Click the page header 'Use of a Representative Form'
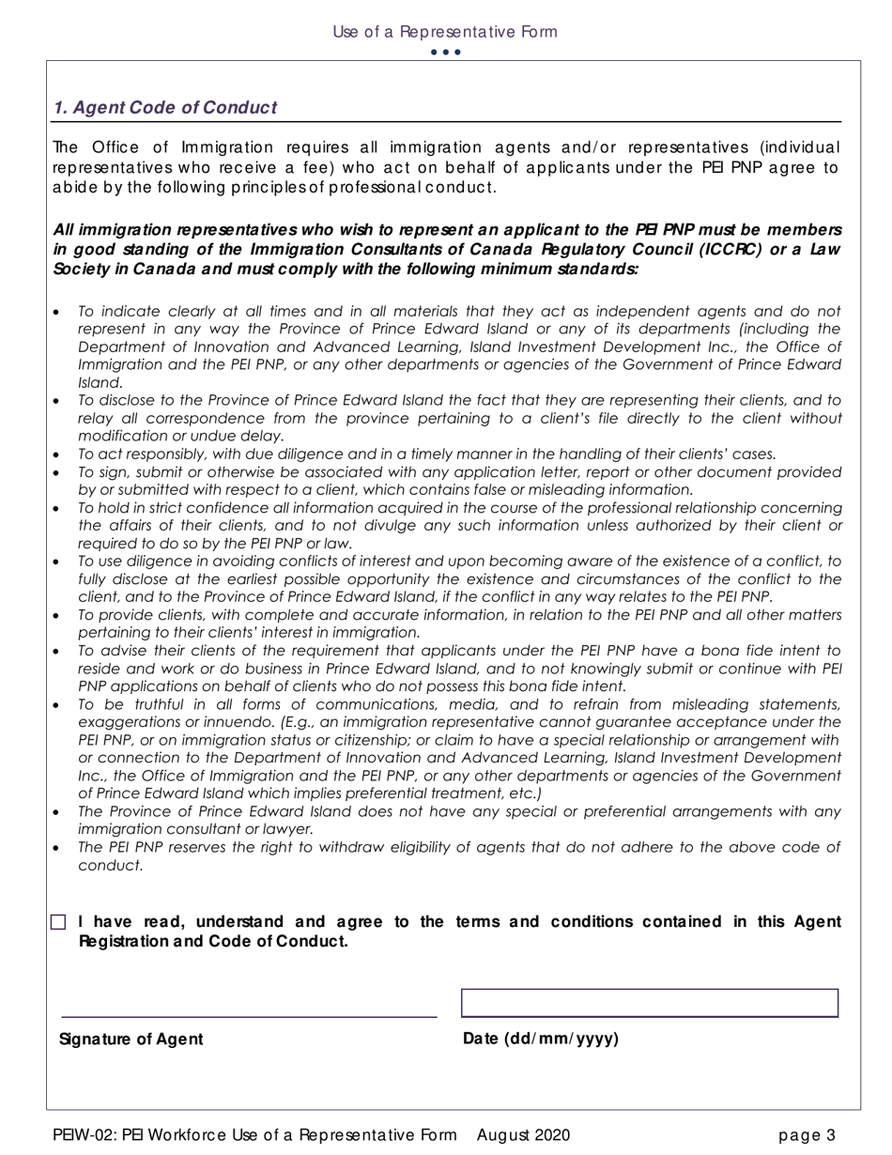(445, 32)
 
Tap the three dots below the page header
(445, 52)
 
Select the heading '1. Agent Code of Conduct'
(165, 108)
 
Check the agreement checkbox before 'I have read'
(59, 922)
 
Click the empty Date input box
(649, 1002)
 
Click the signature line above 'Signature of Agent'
(249, 1016)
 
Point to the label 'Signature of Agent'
(131, 1039)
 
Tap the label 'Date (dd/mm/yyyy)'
(541, 1039)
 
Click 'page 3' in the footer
(807, 1136)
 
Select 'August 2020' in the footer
(523, 1136)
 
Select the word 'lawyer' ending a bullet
(287, 829)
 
